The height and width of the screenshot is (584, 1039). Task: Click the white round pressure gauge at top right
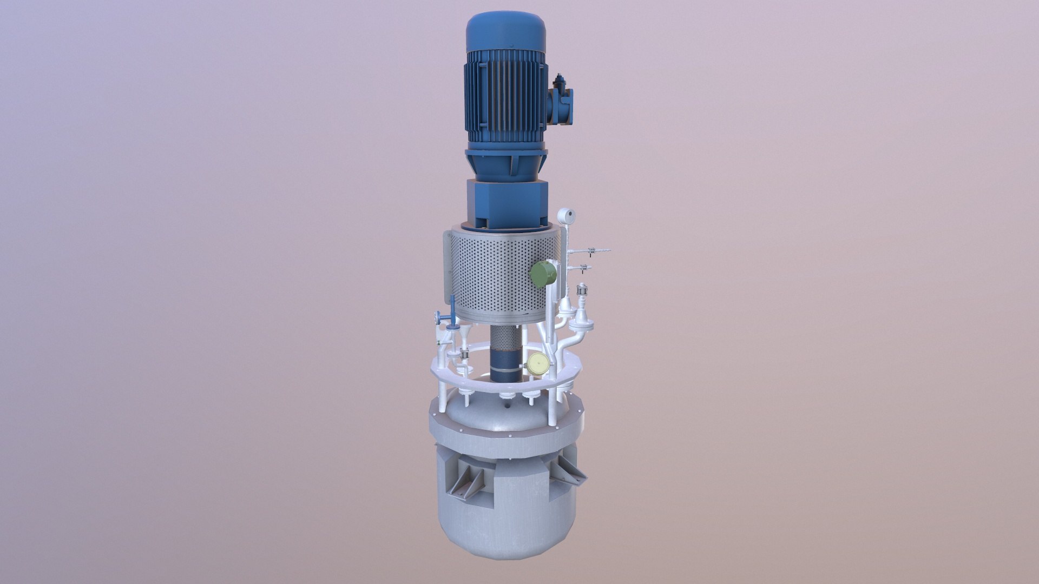pyautogui.click(x=566, y=217)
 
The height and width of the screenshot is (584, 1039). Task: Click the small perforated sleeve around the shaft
pyautogui.click(x=506, y=338)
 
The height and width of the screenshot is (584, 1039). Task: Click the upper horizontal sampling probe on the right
pyautogui.click(x=595, y=250)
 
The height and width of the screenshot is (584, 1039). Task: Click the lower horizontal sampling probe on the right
pyautogui.click(x=584, y=267)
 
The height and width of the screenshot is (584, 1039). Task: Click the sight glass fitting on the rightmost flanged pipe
pyautogui.click(x=582, y=291)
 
